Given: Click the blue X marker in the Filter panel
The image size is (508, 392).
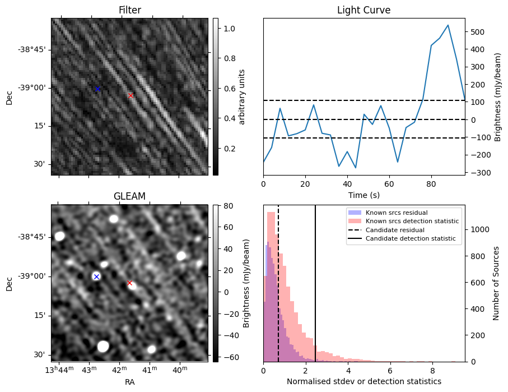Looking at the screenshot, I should click(97, 89).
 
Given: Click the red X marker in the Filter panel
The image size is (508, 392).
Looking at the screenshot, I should click(131, 96).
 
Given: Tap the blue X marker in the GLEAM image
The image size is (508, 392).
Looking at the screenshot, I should click(96, 276).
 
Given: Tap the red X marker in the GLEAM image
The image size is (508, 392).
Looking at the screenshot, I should click(129, 283).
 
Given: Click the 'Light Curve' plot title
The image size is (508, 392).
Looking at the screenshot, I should click(363, 11).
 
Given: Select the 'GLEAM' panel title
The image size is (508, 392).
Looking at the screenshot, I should click(129, 196).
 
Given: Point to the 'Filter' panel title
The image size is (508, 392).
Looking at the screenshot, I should click(129, 11).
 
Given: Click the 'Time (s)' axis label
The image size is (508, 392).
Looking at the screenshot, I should click(363, 194).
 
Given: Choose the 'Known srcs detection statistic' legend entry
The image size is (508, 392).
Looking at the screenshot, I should click(412, 222).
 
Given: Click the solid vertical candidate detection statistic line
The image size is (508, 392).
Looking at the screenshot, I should click(315, 292).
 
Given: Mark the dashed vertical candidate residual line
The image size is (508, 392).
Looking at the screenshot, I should click(278, 292).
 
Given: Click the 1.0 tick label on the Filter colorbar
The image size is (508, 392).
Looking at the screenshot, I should click(229, 28).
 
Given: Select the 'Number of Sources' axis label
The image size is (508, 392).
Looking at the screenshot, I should click(496, 283).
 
